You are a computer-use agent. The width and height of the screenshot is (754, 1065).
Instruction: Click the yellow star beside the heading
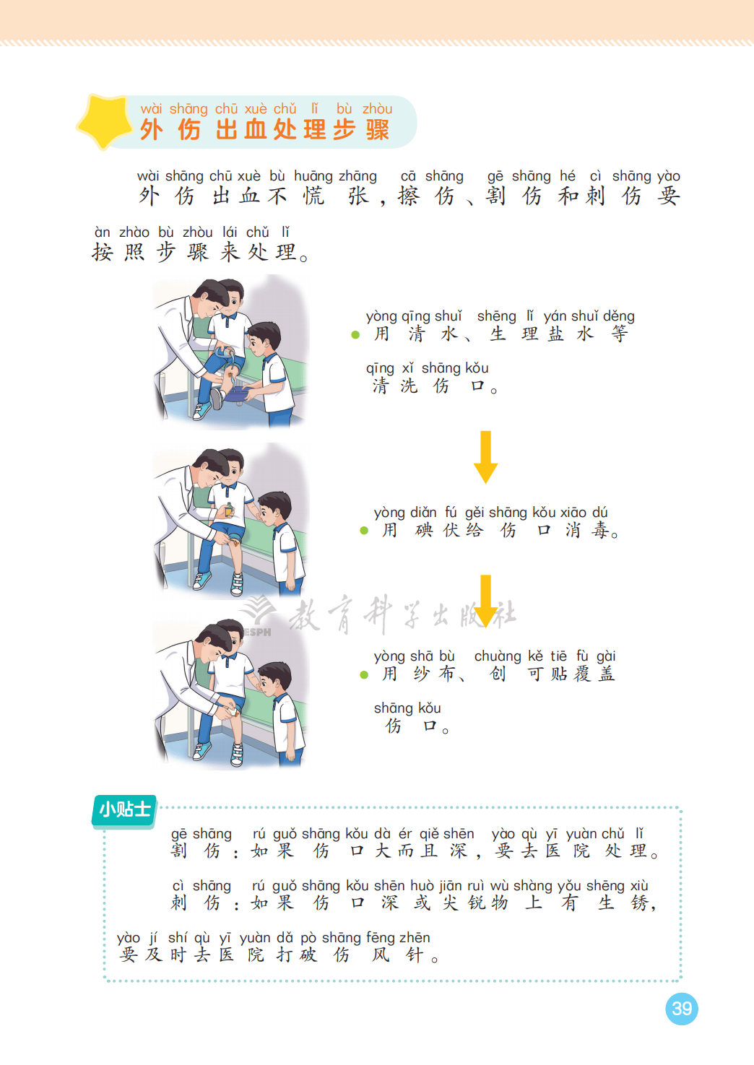105,121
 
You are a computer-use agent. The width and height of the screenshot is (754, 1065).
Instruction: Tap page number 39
682,1009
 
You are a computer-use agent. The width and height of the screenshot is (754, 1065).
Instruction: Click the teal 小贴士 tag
125,809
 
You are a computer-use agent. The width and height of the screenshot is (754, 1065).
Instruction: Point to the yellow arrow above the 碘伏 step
485,457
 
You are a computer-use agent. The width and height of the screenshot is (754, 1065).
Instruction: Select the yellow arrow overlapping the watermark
485,601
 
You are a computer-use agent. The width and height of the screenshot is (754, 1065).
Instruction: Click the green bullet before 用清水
355,335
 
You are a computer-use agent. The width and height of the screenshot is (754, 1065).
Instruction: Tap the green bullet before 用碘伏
364,531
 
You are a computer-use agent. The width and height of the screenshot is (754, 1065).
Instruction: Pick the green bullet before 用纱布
364,674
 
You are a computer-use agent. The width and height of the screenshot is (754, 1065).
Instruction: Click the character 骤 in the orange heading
378,129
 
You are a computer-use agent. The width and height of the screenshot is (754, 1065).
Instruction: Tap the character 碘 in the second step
423,530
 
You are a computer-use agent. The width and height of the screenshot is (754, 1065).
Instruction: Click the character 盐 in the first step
555,334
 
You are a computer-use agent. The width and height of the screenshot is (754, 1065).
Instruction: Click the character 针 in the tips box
414,955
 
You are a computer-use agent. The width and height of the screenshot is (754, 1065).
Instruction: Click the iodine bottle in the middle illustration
229,509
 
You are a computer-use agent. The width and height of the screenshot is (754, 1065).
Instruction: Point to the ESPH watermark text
257,632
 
